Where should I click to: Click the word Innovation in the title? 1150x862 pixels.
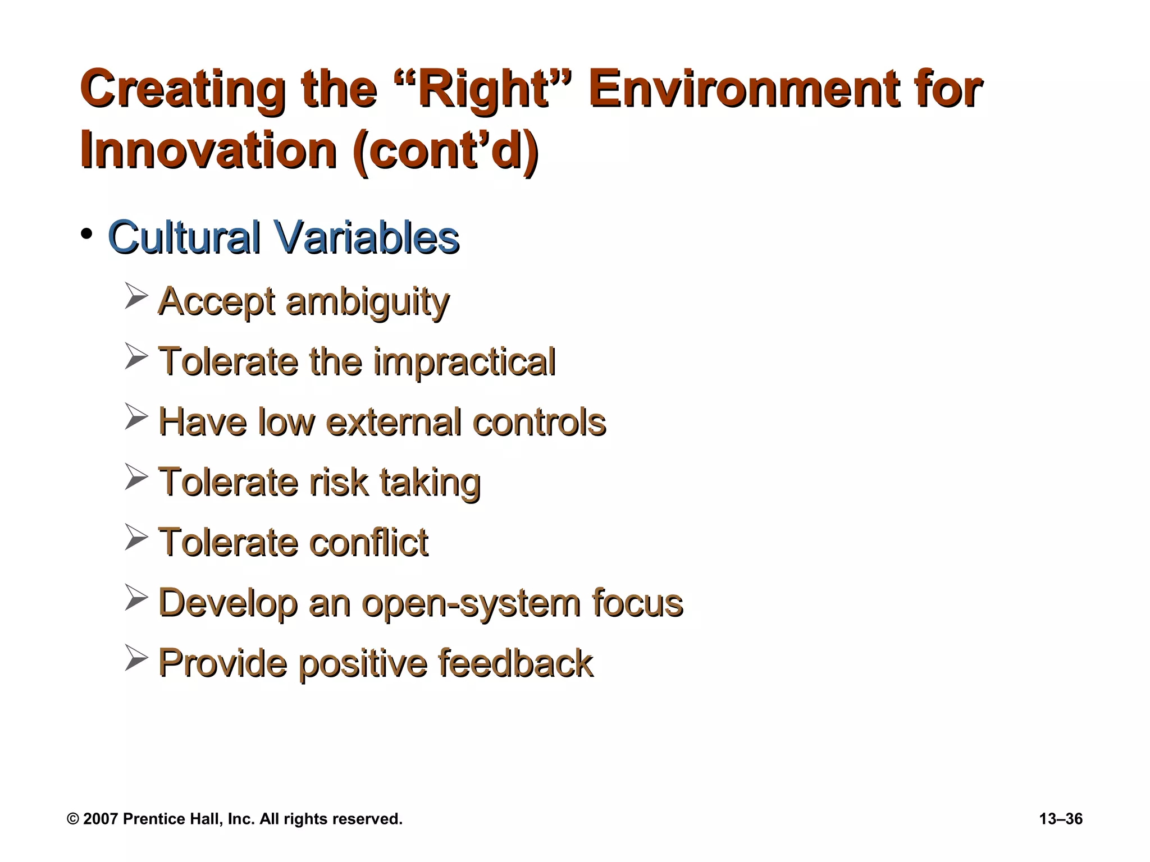click(x=208, y=150)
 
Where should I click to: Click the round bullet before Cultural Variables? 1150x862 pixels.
click(x=86, y=234)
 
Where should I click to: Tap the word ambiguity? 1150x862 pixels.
click(x=367, y=302)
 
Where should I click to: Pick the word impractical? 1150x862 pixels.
click(x=464, y=361)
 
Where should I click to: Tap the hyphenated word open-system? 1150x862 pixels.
click(x=471, y=604)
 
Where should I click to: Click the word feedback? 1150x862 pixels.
click(x=515, y=663)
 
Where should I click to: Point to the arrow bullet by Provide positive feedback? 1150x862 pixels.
click(x=136, y=658)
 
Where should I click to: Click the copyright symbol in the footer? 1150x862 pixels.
click(x=72, y=819)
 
